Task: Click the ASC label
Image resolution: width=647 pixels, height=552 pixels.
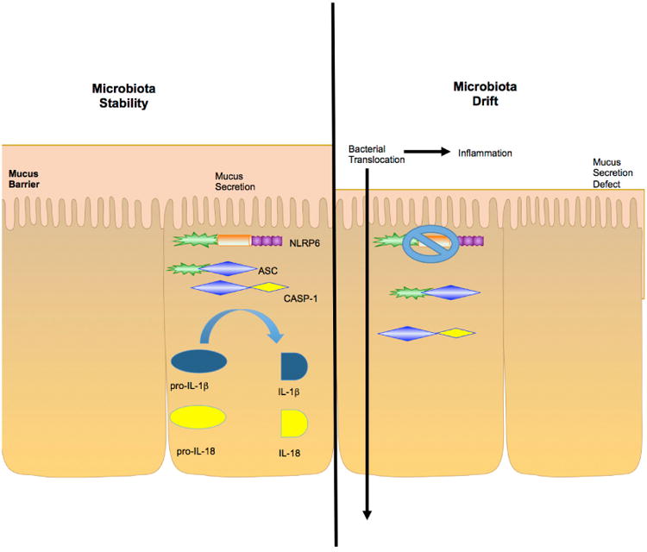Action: tap(267, 270)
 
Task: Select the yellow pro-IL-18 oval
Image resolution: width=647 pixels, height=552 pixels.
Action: tap(199, 418)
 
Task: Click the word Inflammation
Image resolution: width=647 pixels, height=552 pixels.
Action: tap(486, 153)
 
